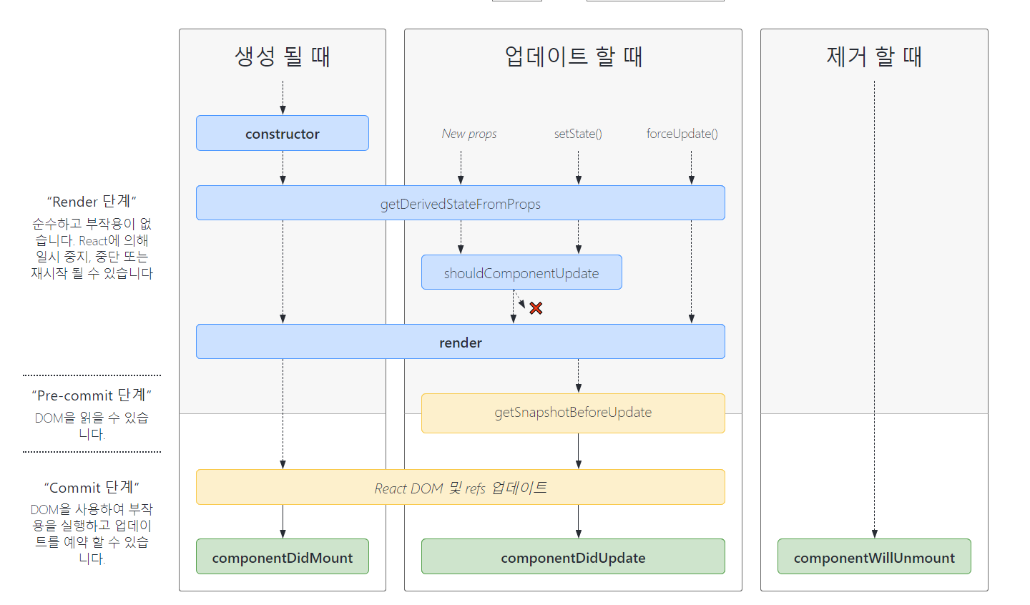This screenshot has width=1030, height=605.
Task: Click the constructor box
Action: coord(283,133)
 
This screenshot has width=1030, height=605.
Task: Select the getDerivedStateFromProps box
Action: coord(461,203)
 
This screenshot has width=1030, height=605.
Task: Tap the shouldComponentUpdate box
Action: coord(521,272)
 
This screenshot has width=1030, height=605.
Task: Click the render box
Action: coord(461,342)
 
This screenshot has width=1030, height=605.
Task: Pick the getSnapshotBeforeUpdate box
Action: coord(573,413)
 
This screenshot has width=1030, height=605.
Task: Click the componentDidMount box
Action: coord(283,556)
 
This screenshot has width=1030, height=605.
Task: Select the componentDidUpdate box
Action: coord(573,556)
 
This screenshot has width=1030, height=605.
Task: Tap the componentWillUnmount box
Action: coord(874,556)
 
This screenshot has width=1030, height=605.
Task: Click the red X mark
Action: coord(536,308)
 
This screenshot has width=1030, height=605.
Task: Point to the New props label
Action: coord(469,134)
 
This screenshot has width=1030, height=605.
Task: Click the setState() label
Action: coord(578,134)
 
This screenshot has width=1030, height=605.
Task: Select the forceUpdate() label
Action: coord(682,134)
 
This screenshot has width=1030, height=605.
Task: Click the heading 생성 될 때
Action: coord(283,56)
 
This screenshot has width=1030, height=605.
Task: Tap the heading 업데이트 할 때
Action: coord(574,56)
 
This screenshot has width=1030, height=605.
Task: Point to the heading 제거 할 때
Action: coord(874,56)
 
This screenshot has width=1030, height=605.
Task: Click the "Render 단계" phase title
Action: coord(92,202)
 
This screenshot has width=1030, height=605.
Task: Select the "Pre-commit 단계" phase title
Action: coord(92,395)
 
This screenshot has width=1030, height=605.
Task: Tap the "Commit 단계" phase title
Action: coord(92,487)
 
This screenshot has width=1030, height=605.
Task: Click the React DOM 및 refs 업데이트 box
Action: coord(461,487)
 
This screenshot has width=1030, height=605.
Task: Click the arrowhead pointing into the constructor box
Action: coord(283,110)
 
